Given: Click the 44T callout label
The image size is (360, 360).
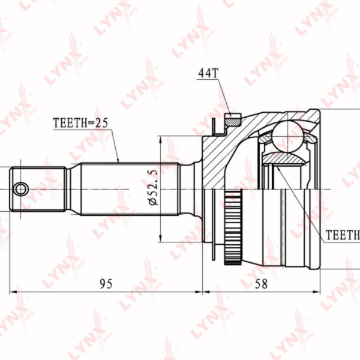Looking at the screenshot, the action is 208,73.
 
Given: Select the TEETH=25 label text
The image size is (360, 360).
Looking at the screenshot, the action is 80,123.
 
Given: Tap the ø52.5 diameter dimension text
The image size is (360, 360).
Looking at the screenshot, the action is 153,187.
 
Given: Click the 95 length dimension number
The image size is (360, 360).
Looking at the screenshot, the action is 106,284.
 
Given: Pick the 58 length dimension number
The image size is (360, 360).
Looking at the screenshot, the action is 261,284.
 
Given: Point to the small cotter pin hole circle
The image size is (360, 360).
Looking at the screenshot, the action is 21,190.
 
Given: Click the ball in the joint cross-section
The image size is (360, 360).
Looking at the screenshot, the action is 288,136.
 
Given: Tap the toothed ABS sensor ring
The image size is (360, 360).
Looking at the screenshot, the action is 233,227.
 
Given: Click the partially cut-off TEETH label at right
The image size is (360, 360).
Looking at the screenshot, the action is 343,235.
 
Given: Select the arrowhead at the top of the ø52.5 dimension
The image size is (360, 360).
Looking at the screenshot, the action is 160,139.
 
